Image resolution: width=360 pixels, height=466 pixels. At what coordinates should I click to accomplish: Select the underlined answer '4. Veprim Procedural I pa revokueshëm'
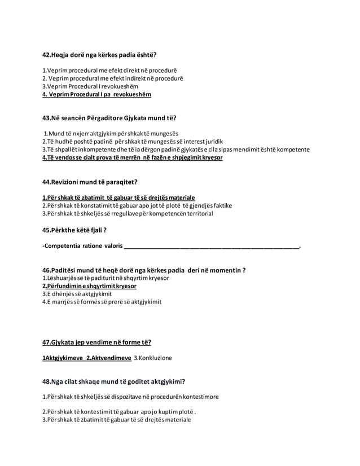pos(97,94)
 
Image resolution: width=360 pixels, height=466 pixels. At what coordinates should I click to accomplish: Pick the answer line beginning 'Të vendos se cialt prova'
pos(133,157)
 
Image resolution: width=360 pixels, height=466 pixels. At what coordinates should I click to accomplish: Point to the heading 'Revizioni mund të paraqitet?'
pos(90,182)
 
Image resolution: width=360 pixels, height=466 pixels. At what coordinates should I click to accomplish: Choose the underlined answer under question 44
pos(119,197)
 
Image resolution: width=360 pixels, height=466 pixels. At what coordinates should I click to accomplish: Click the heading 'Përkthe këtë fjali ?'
pos(75,230)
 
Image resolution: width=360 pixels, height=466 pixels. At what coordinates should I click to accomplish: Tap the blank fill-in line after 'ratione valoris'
pos(212,247)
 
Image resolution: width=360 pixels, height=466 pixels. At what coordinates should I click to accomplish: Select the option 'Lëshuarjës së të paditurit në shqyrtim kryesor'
pos(106,278)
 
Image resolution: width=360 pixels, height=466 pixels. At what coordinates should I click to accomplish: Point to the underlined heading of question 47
pos(97,342)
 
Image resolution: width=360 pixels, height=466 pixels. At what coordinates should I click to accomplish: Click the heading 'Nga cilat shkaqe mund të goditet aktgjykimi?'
pos(114,381)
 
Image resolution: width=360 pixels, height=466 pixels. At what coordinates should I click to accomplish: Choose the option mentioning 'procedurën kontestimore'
pos(130,397)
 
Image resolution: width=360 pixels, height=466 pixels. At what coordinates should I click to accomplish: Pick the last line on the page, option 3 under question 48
pos(117,419)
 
